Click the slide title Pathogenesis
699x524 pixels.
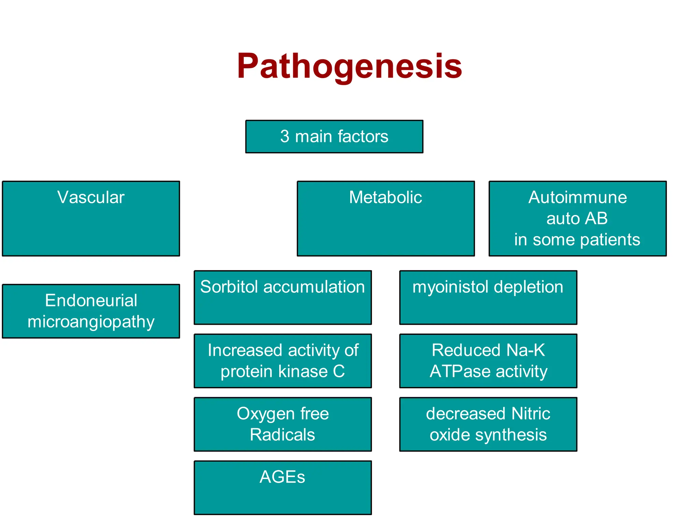349,67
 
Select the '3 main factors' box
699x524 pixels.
334,136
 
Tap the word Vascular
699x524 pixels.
91,197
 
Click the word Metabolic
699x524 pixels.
385,197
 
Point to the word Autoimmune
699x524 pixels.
577,197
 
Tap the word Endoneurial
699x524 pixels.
91,301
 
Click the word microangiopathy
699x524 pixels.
91,322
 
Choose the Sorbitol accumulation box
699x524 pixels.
283,297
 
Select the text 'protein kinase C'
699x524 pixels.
283,372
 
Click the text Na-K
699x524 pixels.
526,350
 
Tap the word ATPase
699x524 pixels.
461,372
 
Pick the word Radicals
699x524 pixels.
282,435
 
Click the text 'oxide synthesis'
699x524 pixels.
488,435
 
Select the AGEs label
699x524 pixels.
282,477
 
